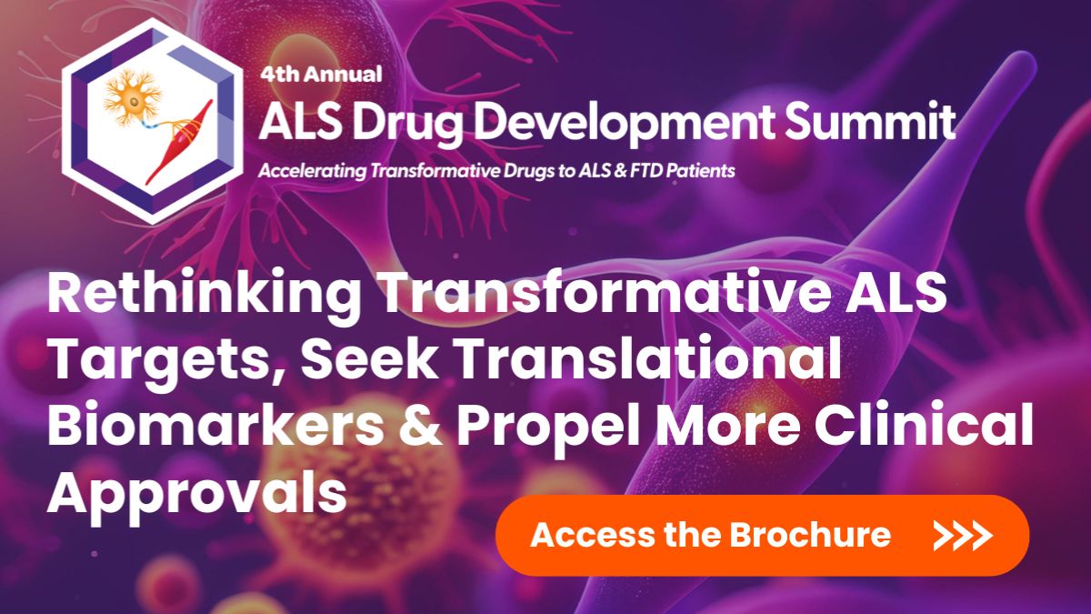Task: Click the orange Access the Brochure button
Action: click(x=762, y=535)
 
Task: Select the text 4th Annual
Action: click(x=321, y=75)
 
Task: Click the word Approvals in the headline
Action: click(x=196, y=493)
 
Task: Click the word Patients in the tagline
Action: click(x=698, y=170)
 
